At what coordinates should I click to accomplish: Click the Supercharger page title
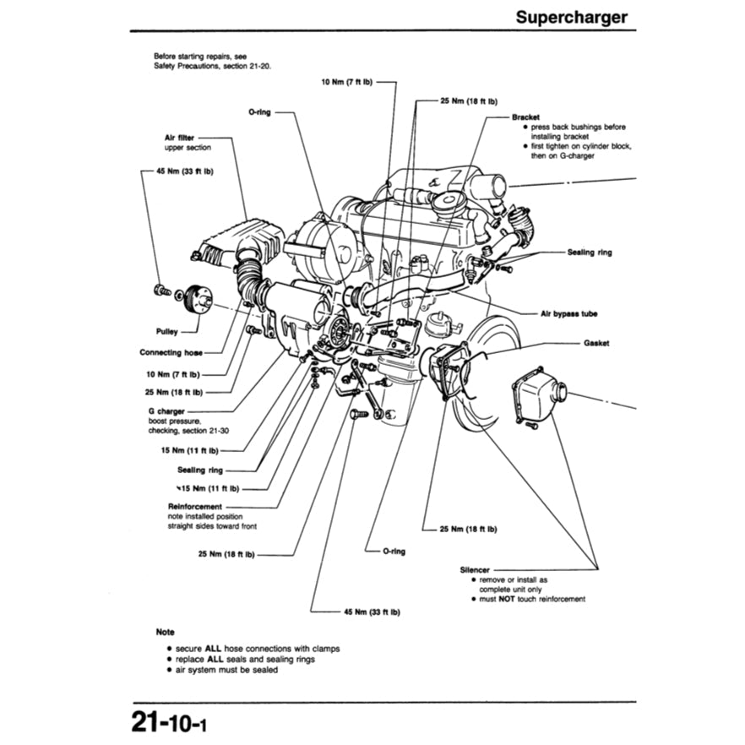coord(572,16)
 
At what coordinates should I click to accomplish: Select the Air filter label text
coord(179,137)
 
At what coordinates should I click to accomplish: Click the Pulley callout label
coord(166,332)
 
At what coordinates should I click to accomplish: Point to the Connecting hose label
coord(171,351)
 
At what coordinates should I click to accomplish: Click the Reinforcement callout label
coord(195,507)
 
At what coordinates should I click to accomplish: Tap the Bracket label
coord(525,117)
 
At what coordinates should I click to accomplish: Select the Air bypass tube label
coord(568,313)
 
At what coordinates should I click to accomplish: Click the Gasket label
coord(595,344)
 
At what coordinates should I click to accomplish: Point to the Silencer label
coord(476,570)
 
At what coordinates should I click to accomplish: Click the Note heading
coord(165,631)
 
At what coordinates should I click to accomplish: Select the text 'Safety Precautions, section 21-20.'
coord(212,65)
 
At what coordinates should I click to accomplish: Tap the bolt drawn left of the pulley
coord(161,291)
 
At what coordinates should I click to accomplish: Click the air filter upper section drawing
coord(238,237)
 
